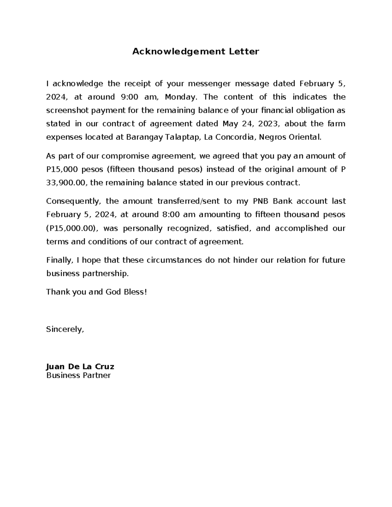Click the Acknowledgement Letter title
click(x=195, y=52)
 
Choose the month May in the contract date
click(x=229, y=124)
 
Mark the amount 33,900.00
click(x=67, y=183)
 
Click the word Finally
click(x=59, y=260)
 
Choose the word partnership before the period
click(x=106, y=274)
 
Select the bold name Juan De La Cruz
click(x=80, y=367)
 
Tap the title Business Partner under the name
click(x=78, y=375)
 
